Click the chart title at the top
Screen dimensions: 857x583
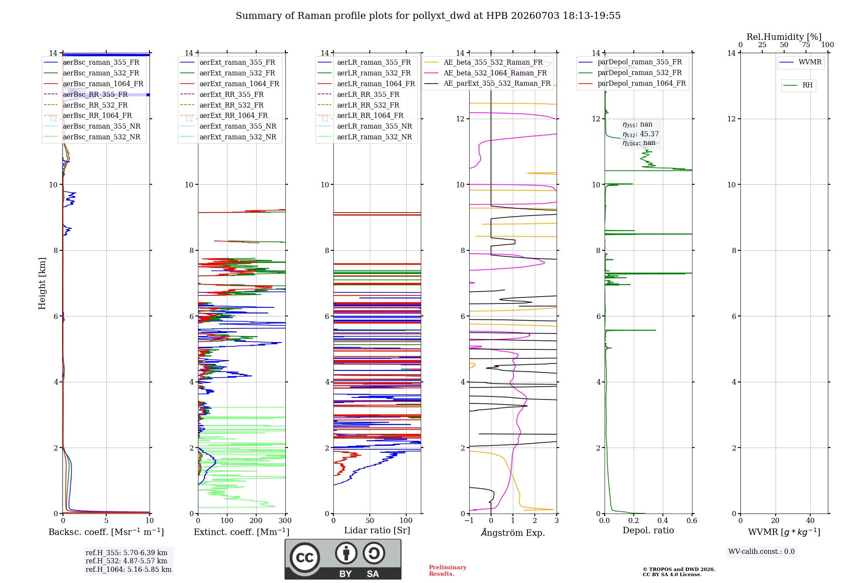point(428,16)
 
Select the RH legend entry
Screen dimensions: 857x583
point(798,85)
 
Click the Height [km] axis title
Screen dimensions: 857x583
point(42,283)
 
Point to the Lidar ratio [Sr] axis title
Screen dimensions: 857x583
point(377,530)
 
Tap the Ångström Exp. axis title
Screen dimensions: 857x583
point(513,532)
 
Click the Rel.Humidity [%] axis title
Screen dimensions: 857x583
point(784,37)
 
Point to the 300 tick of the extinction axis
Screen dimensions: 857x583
point(285,521)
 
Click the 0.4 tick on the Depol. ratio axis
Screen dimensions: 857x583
point(662,521)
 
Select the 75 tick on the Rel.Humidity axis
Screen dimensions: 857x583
point(806,45)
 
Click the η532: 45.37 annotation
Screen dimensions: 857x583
point(641,134)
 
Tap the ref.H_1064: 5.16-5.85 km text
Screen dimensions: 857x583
point(129,569)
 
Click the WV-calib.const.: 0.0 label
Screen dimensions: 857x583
point(761,552)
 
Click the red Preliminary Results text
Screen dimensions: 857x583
point(448,571)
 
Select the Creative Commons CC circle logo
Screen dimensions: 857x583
point(305,558)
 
